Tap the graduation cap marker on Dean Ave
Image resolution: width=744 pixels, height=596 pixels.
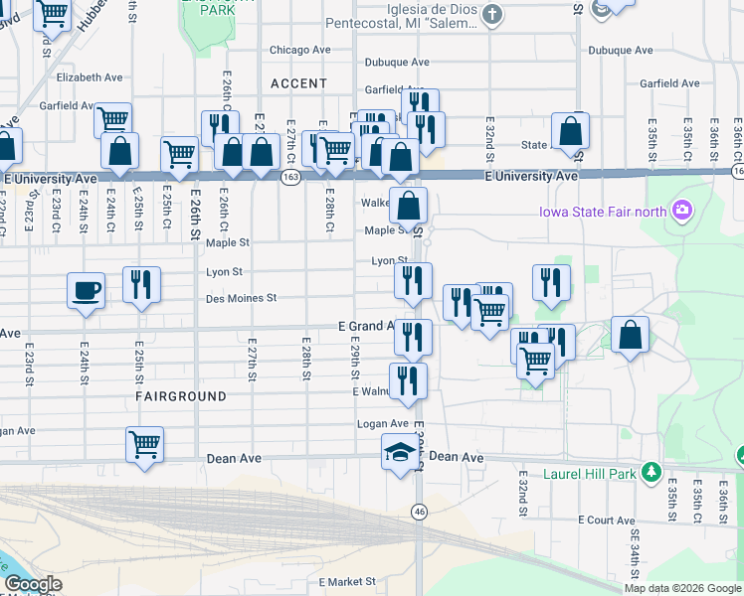(401, 452)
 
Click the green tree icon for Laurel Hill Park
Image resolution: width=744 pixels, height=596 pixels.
(651, 472)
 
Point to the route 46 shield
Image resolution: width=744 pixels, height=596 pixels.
(420, 512)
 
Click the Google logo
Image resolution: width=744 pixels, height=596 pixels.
(32, 584)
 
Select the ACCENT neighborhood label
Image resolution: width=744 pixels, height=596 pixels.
(298, 83)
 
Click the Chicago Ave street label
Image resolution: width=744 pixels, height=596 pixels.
(300, 50)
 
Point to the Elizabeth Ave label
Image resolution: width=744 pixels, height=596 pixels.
(90, 76)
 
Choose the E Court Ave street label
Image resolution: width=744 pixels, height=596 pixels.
(606, 520)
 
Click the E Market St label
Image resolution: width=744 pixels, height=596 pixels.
(347, 582)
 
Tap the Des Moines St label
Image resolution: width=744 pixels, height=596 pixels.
(240, 298)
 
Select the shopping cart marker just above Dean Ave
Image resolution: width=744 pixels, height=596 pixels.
(145, 443)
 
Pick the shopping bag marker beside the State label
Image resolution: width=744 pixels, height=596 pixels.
(570, 130)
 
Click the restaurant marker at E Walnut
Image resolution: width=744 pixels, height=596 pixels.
(408, 380)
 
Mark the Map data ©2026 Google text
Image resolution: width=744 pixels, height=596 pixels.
(682, 588)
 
